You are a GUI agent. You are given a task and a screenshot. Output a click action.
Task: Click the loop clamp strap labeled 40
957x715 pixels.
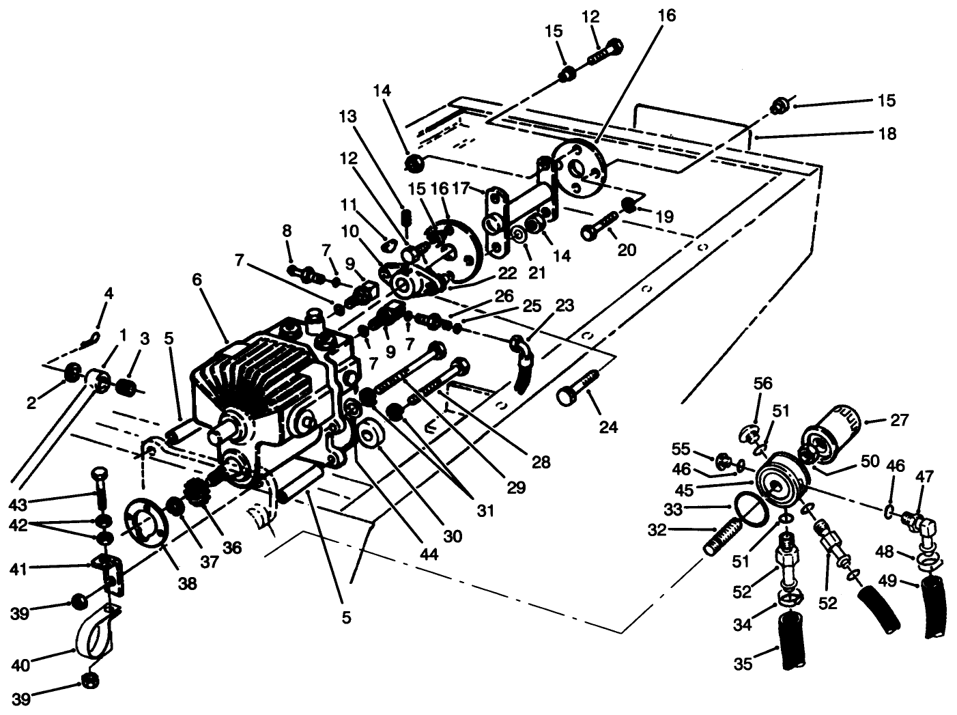95,632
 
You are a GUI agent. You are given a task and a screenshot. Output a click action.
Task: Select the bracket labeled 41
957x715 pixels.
109,572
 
